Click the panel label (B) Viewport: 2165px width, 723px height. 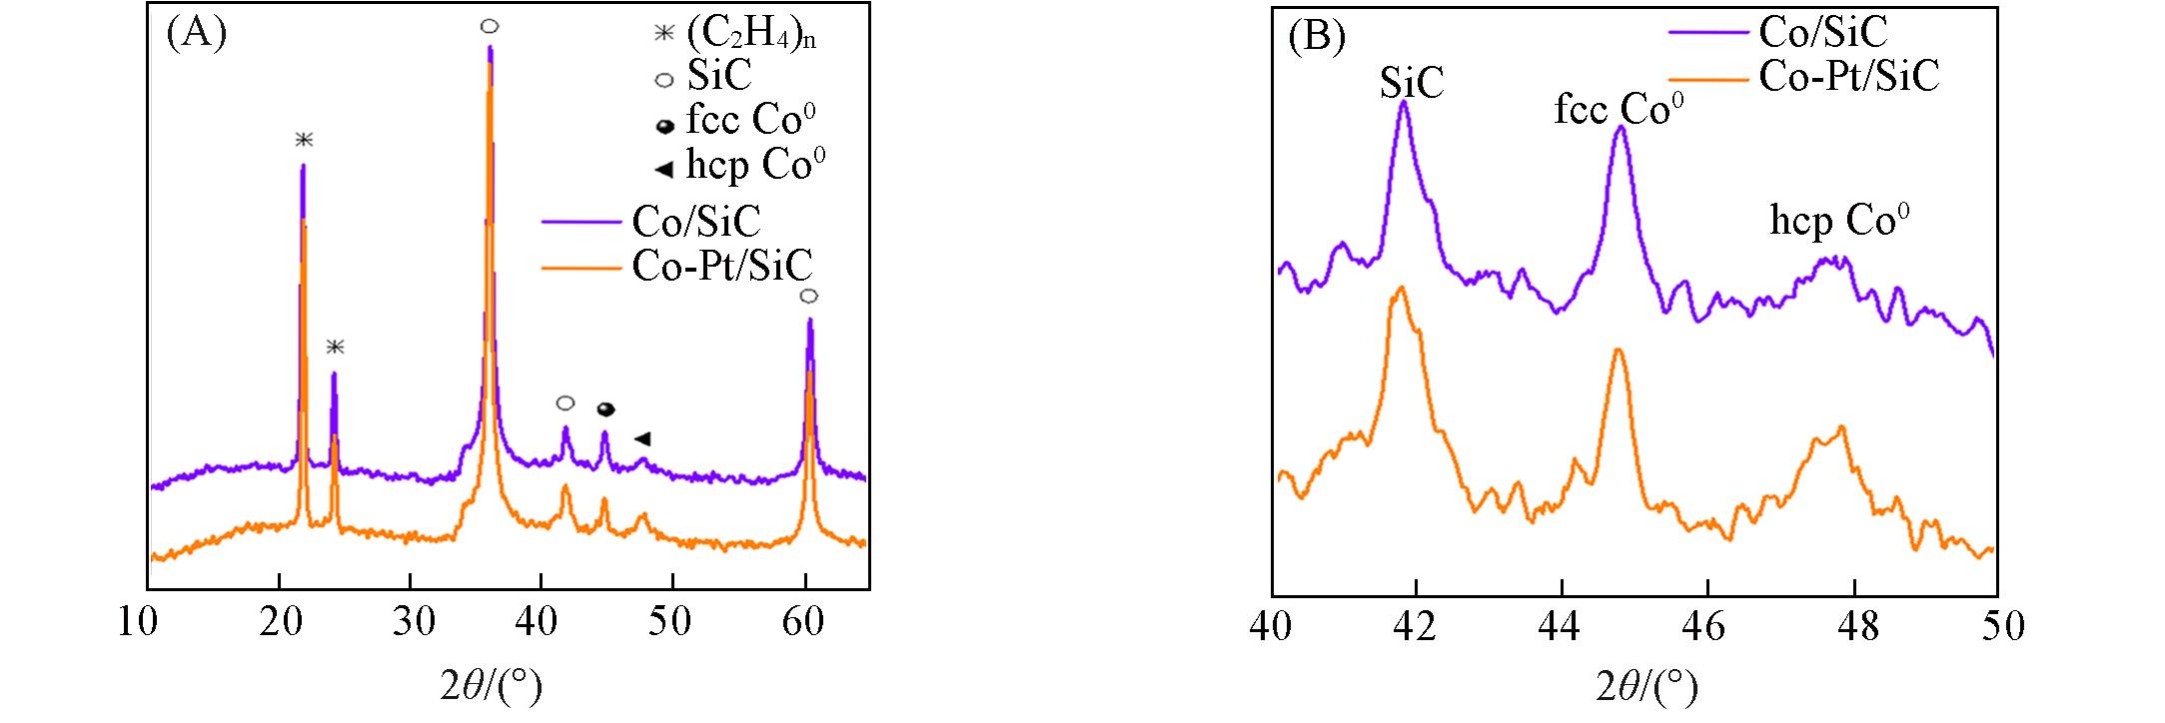pyautogui.click(x=1317, y=37)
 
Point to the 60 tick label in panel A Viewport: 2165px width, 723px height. pyautogui.click(x=804, y=623)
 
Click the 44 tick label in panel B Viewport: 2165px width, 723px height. pyautogui.click(x=1562, y=627)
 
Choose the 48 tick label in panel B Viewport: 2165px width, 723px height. pyautogui.click(x=1854, y=627)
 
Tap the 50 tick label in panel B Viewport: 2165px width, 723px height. pyautogui.click(x=1999, y=627)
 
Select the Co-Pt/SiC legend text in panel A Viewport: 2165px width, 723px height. pyautogui.click(x=722, y=267)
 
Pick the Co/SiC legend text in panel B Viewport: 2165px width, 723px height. pyautogui.click(x=1823, y=33)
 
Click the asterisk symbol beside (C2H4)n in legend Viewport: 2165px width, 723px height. pyautogui.click(x=663, y=34)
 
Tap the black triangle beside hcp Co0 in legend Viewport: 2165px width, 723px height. pyautogui.click(x=662, y=169)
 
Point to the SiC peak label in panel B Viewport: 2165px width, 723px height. pyautogui.click(x=1412, y=84)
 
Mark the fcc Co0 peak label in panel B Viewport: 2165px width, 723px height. pyautogui.click(x=1613, y=110)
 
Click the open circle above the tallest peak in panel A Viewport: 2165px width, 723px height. pyautogui.click(x=489, y=25)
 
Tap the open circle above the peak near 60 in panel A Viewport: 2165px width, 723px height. pyautogui.click(x=809, y=296)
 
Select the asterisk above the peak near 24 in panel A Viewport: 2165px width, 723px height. pyautogui.click(x=336, y=347)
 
